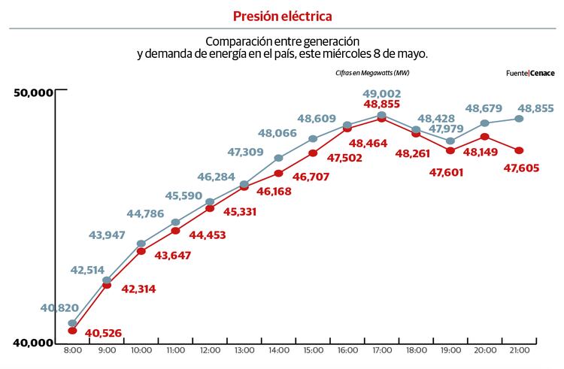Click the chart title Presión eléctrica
pos(282,16)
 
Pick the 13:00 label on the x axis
pos(244,351)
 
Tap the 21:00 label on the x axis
pos(519,351)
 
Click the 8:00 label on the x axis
pos(73,351)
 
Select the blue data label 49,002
pos(382,94)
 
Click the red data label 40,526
pos(104,333)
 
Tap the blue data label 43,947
pos(108,235)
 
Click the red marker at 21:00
pos(519,150)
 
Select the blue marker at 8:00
pos(72,323)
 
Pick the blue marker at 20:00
pos(484,122)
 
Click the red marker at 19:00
pos(450,150)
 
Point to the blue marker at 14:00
pos(279,158)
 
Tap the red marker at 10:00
pos(141,251)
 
